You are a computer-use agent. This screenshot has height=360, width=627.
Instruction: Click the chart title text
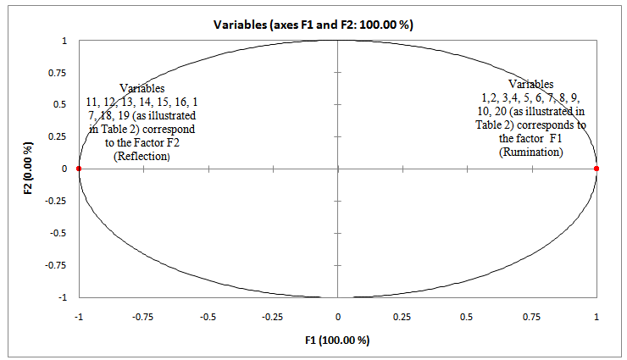pyautogui.click(x=313, y=25)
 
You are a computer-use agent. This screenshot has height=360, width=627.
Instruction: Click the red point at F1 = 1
pyautogui.click(x=596, y=169)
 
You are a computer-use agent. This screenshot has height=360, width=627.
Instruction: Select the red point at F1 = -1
pyautogui.click(x=79, y=169)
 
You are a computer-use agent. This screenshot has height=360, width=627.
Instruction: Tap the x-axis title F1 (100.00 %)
pyautogui.click(x=337, y=341)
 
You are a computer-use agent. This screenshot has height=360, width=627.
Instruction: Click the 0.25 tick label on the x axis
pyautogui.click(x=402, y=316)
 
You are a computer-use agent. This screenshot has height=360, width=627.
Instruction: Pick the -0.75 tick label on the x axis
pyautogui.click(x=142, y=316)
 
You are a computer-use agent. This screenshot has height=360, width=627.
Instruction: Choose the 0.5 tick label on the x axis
pyautogui.click(x=467, y=316)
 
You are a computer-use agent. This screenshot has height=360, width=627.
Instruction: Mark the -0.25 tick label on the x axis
pyautogui.click(x=272, y=316)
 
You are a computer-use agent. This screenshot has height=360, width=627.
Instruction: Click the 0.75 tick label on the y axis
pyautogui.click(x=58, y=73)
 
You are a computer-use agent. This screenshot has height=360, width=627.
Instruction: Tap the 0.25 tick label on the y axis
pyautogui.click(x=58, y=136)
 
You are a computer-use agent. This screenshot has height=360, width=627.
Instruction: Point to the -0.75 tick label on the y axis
pyautogui.click(x=57, y=265)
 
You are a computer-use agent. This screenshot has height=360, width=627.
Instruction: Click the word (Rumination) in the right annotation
pyautogui.click(x=531, y=151)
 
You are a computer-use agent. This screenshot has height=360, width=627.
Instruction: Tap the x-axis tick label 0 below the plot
pyautogui.click(x=338, y=316)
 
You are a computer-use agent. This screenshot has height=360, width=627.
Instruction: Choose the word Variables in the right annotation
pyautogui.click(x=531, y=84)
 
